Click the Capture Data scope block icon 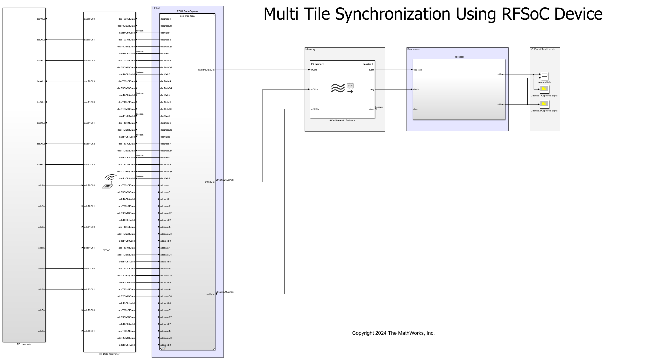(x=544, y=76)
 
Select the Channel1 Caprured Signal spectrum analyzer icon (x=544, y=89)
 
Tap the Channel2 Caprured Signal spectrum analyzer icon (x=544, y=104)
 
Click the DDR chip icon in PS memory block (x=350, y=86)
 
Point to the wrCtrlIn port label (x=314, y=89)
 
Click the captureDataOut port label (x=206, y=70)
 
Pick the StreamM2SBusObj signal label (x=224, y=180)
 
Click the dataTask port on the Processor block (x=418, y=70)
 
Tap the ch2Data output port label (x=500, y=104)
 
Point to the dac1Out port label (x=40, y=19)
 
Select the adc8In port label (x=41, y=331)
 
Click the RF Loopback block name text (x=24, y=344)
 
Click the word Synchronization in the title (x=393, y=14)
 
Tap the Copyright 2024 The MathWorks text (x=393, y=333)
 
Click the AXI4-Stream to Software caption (x=342, y=120)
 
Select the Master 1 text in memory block (x=368, y=64)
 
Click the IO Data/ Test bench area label (x=542, y=49)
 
